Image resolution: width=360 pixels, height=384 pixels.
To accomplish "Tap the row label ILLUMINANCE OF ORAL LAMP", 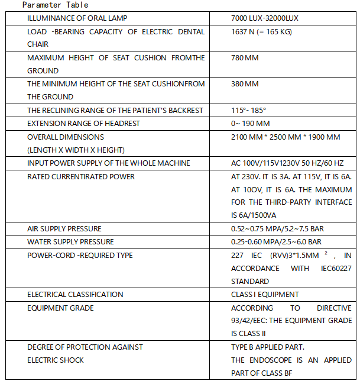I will pyautogui.click(x=77, y=18).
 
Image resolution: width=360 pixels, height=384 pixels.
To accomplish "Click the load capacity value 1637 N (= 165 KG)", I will pyautogui.click(x=261, y=31).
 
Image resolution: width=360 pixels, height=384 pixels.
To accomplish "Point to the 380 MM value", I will pyautogui.click(x=245, y=84).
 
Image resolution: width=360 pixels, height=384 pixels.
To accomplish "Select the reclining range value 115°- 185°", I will pyautogui.click(x=248, y=110).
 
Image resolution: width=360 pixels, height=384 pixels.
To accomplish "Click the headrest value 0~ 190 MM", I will pyautogui.click(x=250, y=123).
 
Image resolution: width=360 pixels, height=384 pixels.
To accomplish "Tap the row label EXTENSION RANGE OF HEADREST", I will pyautogui.click(x=83, y=123).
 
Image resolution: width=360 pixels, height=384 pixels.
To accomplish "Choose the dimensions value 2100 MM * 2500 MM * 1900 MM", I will pyautogui.click(x=286, y=137).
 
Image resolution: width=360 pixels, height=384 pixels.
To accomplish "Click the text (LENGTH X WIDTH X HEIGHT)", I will pyautogui.click(x=76, y=150).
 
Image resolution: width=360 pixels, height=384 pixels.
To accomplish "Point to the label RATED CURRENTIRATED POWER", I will pyautogui.click(x=81, y=176).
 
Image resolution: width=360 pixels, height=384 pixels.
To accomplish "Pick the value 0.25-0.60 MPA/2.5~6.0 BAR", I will pyautogui.click(x=276, y=241).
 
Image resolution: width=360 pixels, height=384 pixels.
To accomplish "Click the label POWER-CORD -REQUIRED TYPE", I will pyautogui.click(x=80, y=255).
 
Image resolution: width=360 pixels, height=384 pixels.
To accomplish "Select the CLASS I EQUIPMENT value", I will pyautogui.click(x=265, y=294).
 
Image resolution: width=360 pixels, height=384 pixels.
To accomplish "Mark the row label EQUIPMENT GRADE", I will pyautogui.click(x=60, y=308).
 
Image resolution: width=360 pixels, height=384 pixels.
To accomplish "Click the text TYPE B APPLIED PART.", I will pyautogui.click(x=267, y=347).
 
